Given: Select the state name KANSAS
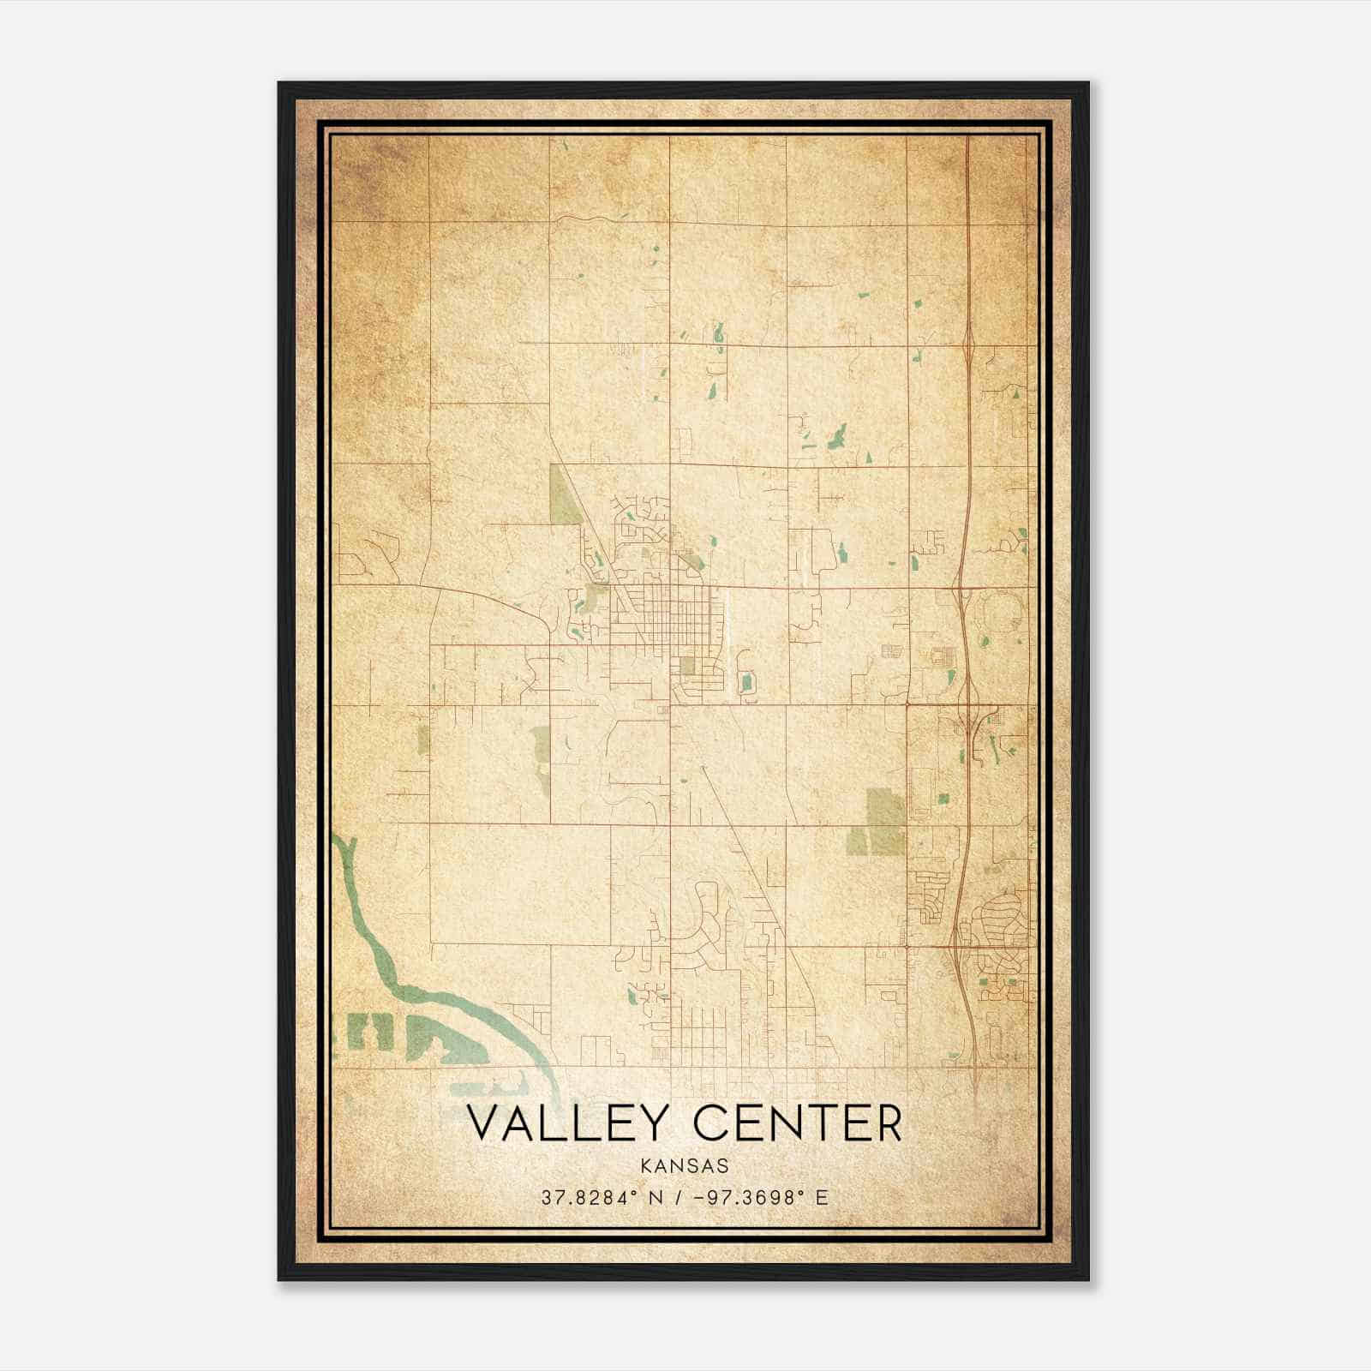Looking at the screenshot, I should pos(685,1166).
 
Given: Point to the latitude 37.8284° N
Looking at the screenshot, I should pos(599,1197).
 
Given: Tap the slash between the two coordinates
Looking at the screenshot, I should pos(678,1197).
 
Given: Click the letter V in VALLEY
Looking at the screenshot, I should pos(486,1123).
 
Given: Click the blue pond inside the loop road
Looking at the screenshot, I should pos(745,683).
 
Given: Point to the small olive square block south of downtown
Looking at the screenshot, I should pos(687,666).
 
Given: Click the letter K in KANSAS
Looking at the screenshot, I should pos(645,1166).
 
